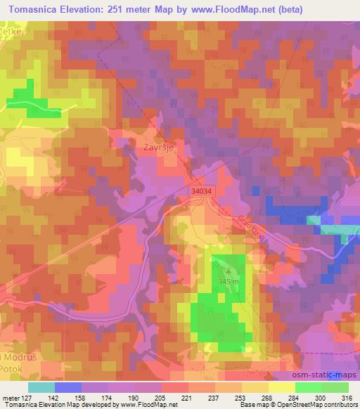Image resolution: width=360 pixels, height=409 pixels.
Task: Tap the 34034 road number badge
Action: tap(201, 190)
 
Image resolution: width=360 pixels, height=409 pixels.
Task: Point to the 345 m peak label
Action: tap(229, 281)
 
